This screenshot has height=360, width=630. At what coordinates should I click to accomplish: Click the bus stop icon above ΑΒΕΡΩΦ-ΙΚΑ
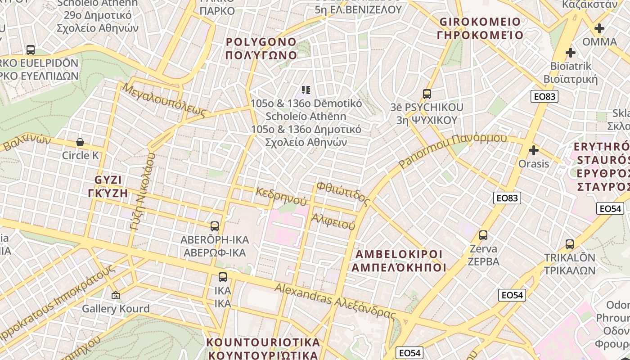(215, 226)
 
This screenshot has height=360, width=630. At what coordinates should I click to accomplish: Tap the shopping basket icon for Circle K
(80, 143)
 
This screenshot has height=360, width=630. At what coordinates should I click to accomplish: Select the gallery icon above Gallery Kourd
(116, 296)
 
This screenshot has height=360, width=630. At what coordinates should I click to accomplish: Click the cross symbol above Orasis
(534, 150)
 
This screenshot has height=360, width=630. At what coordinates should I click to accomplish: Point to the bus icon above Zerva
(483, 235)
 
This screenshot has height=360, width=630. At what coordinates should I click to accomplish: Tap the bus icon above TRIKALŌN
(570, 244)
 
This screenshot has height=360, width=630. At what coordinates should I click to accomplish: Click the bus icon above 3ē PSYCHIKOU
(427, 94)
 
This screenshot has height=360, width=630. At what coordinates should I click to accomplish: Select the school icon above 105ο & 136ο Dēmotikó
(306, 90)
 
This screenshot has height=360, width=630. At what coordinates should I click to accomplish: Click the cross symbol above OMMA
(599, 29)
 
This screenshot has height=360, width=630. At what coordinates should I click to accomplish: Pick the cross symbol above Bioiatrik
(571, 53)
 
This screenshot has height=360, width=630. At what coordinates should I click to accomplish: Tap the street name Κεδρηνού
(281, 197)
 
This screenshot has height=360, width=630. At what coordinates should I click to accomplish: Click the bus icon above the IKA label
(223, 277)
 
